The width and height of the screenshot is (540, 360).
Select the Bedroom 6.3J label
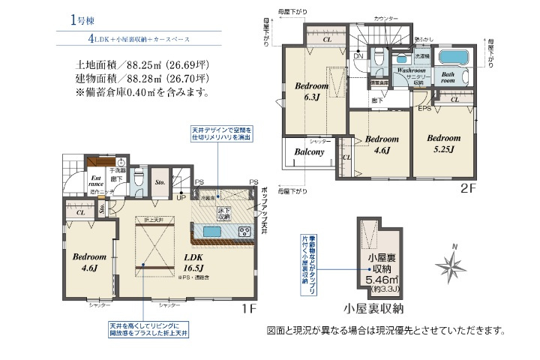pos(309,91)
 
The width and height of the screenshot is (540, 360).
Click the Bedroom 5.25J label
pos(444,143)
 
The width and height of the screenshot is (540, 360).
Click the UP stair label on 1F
pos(181,197)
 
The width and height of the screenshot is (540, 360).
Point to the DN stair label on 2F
pos(358,56)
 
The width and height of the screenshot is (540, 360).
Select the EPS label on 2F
pos(424,108)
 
